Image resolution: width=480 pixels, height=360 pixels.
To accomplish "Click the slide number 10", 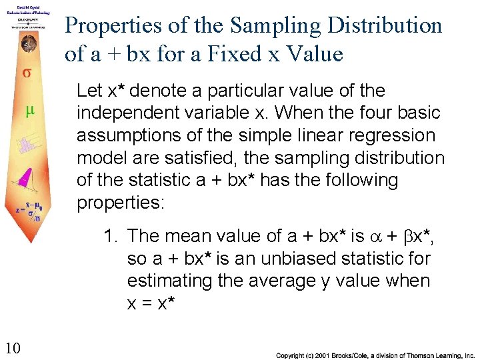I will click(12, 347).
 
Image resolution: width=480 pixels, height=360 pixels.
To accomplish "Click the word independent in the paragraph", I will click(121, 113).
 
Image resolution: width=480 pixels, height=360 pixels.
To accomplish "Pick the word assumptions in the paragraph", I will click(128, 135).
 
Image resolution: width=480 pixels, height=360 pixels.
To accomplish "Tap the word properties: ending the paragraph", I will click(120, 203).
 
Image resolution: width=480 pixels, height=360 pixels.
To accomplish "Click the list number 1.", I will click(109, 236).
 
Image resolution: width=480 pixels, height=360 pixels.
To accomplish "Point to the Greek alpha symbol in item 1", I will click(377, 237).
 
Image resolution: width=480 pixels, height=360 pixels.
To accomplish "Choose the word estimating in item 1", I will click(173, 281).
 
